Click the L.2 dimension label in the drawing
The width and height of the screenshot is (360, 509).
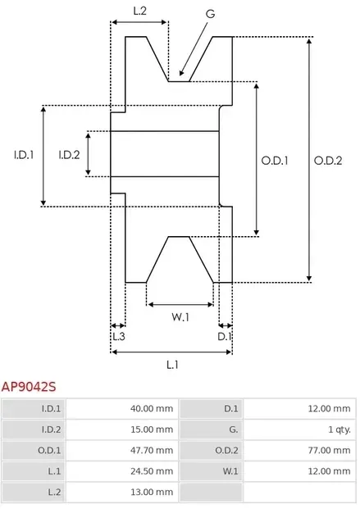point(140,11)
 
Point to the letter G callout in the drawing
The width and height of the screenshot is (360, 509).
point(211,14)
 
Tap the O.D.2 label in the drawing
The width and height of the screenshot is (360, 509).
point(327,161)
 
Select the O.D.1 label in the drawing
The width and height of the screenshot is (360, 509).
point(275,161)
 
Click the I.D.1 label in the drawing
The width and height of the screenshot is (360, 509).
point(23,153)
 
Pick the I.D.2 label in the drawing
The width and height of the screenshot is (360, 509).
point(69,153)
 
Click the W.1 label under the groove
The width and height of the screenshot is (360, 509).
point(180,317)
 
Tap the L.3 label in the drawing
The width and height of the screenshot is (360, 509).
point(118,336)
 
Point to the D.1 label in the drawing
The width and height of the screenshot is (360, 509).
point(224,336)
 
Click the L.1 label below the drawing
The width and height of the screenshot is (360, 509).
point(172,364)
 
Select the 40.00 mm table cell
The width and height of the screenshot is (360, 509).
point(153,407)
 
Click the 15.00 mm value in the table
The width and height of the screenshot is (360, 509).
point(153,429)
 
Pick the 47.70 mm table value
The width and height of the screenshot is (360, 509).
point(153,450)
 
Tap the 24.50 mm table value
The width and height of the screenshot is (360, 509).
point(153,471)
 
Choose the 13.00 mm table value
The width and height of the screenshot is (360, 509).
point(153,492)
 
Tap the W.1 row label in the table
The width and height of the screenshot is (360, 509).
point(230,471)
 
